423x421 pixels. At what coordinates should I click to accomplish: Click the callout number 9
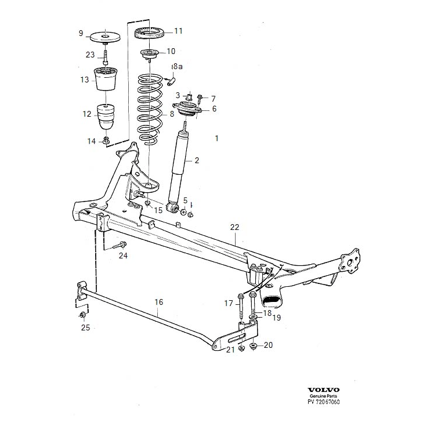point(81,33)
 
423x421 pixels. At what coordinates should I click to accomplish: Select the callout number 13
point(85,80)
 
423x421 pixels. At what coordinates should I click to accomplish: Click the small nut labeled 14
point(106,141)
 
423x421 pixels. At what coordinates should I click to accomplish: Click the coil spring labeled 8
point(149,107)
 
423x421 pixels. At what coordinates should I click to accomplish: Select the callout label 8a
point(177,67)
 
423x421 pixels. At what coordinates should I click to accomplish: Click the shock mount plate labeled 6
point(187,110)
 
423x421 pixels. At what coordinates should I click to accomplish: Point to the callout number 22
point(234,226)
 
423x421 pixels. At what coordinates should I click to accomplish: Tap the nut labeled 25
point(82,315)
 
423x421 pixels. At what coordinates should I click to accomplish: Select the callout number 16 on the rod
point(159,301)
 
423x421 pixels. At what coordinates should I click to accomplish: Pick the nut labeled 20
point(253,346)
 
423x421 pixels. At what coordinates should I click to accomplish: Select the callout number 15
point(158,209)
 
